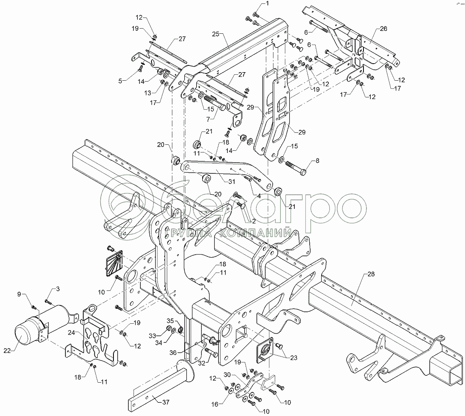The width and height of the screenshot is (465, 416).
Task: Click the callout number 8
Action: tap(317, 161)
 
